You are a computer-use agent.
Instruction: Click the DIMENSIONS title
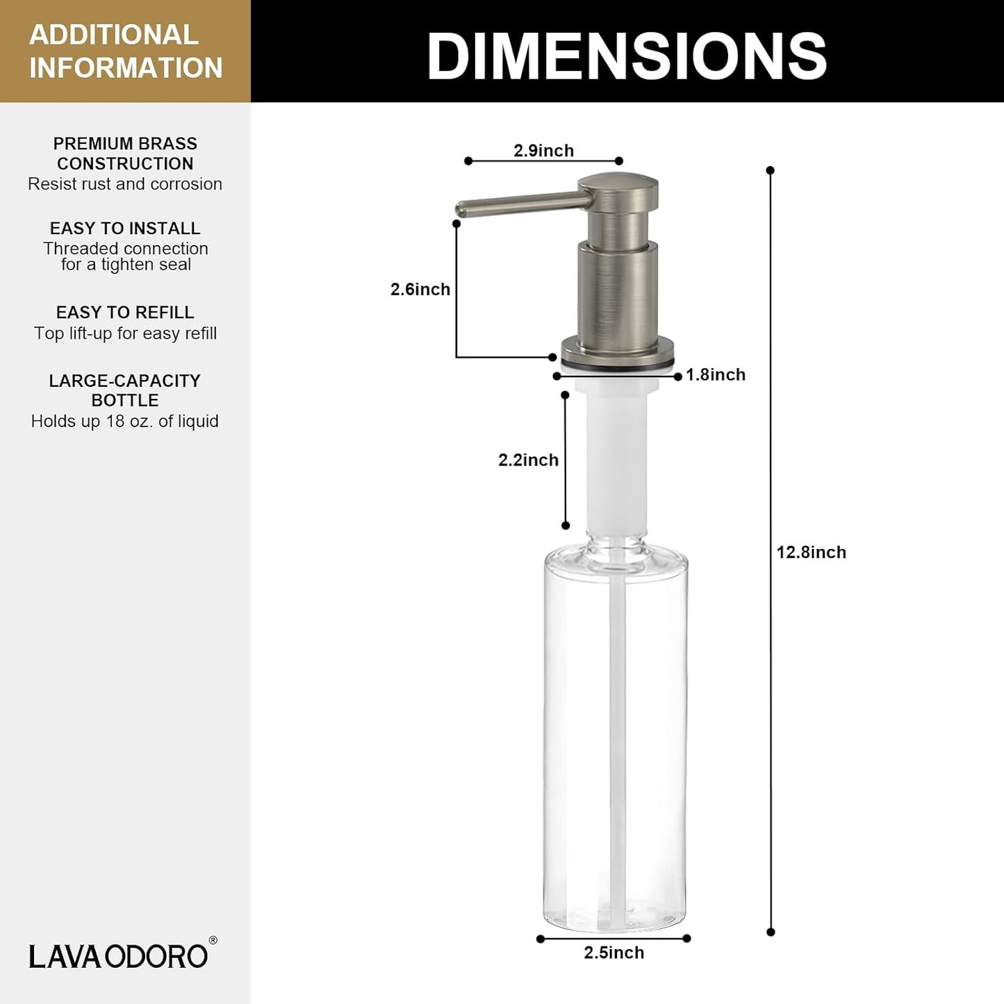[x=627, y=56]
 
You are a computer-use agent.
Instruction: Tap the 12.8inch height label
[x=811, y=552]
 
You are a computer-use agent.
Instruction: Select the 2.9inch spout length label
[x=543, y=151]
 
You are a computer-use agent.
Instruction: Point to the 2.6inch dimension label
[x=420, y=289]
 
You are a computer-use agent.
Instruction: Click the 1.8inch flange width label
[x=715, y=375]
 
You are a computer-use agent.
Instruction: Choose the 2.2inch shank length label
[x=528, y=460]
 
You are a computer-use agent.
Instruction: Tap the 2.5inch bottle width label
[x=614, y=953]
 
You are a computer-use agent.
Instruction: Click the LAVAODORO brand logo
[x=118, y=956]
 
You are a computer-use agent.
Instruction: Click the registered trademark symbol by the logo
[x=213, y=941]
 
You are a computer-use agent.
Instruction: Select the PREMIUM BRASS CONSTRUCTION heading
[x=125, y=154]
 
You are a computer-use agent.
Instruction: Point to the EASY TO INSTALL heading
[x=125, y=229]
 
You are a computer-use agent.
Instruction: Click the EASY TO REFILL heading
[x=125, y=313]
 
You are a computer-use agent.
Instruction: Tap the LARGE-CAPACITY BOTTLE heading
[x=125, y=390]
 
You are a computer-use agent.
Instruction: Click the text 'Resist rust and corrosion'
[x=125, y=184]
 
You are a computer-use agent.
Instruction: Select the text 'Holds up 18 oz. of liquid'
[x=125, y=421]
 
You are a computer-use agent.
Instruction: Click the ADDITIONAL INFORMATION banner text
[x=125, y=51]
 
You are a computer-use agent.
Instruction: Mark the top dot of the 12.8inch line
[x=770, y=170]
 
